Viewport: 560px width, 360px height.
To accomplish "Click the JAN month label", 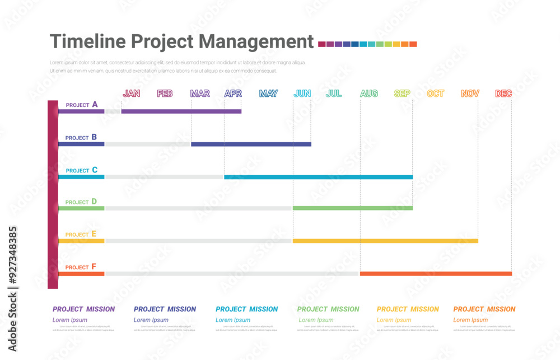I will [132, 93].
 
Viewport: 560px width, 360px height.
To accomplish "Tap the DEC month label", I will [503, 93].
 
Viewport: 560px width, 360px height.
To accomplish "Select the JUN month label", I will [302, 93].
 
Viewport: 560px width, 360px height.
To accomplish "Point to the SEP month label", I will [402, 93].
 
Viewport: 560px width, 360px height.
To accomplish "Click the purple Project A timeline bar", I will [181, 111].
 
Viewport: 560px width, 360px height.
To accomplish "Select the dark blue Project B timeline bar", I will [251, 144].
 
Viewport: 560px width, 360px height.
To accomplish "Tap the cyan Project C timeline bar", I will [318, 177].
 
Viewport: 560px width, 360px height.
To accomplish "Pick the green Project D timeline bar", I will [352, 208].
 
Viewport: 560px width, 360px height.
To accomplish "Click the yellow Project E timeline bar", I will [385, 241].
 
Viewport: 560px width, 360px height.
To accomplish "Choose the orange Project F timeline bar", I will [436, 274].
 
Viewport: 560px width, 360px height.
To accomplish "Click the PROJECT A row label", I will [82, 105].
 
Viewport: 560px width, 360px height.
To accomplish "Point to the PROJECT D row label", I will [81, 202].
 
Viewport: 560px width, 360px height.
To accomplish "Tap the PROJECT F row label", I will [81, 267].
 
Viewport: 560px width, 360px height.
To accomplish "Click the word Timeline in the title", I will [88, 42].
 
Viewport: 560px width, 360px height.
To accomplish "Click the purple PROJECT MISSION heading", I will [83, 309].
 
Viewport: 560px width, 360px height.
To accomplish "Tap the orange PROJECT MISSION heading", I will [484, 309].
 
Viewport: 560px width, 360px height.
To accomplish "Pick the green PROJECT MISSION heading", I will [328, 309].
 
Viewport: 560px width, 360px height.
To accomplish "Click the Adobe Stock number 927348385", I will [12, 257].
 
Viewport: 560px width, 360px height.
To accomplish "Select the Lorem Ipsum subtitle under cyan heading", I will [233, 320].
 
